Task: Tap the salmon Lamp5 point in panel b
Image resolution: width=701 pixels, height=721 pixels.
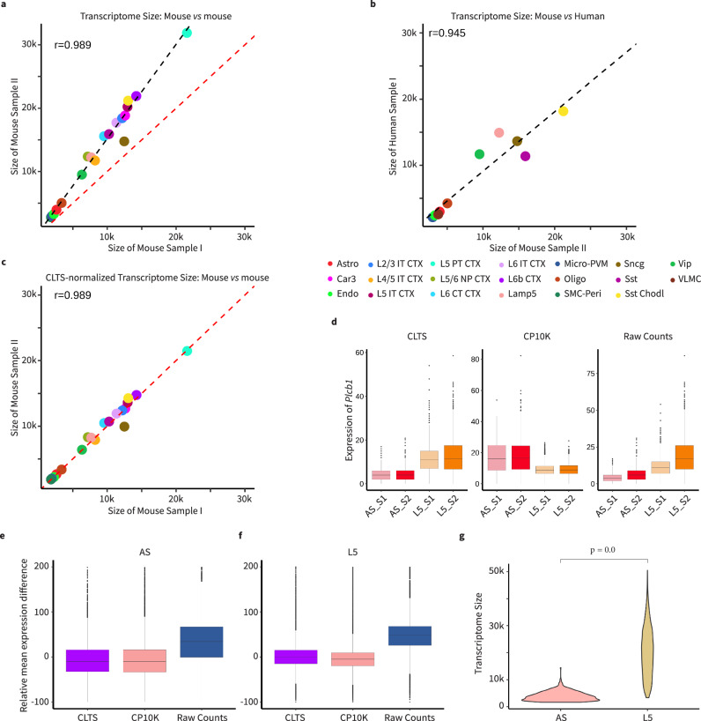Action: point(498,132)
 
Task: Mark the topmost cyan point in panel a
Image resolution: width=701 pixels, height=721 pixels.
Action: point(187,33)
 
